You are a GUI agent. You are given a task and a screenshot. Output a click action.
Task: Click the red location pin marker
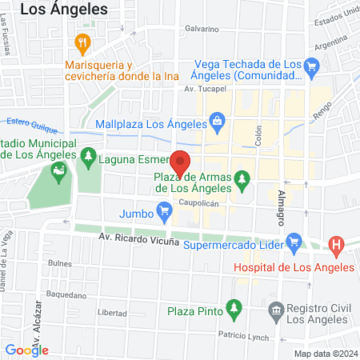pyautogui.click(x=182, y=162)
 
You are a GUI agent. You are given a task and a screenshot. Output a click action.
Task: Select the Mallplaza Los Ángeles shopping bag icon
pyautogui.click(x=217, y=122)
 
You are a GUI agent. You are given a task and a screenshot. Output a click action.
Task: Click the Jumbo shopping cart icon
pyautogui.click(x=165, y=213)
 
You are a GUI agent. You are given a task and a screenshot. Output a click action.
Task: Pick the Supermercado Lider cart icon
pyautogui.click(x=294, y=240)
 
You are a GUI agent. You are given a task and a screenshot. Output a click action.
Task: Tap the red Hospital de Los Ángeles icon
pyautogui.click(x=337, y=246)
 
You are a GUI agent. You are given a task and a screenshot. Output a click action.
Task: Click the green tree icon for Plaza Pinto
pyautogui.click(x=234, y=307)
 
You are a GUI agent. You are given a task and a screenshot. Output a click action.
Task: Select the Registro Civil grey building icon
pyautogui.click(x=276, y=309)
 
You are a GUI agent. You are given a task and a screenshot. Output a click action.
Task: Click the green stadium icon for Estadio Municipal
pyautogui.click(x=58, y=169)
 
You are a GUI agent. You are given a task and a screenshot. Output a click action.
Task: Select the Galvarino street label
pyautogui.click(x=202, y=29)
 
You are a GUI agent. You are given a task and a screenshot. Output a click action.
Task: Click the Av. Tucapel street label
pyautogui.click(x=202, y=89)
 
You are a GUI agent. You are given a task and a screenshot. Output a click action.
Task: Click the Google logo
pyautogui.click(x=26, y=350)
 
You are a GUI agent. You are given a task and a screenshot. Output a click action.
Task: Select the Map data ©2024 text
pyautogui.click(x=325, y=354)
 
